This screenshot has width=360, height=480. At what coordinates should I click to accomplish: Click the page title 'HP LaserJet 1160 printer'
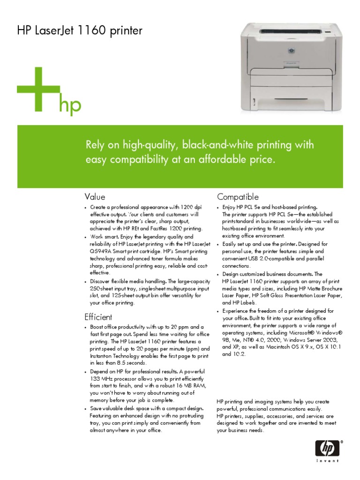(x=80, y=31)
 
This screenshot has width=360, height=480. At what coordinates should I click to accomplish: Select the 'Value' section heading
(x=95, y=197)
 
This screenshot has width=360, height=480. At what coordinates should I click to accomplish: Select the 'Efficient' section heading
(x=98, y=317)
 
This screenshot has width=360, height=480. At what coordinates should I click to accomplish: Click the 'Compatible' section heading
(x=238, y=197)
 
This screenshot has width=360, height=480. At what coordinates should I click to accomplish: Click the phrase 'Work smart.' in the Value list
(x=105, y=237)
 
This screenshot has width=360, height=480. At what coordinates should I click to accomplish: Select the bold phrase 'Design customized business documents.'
(x=266, y=274)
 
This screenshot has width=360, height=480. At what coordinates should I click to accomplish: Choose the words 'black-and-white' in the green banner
(x=216, y=144)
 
